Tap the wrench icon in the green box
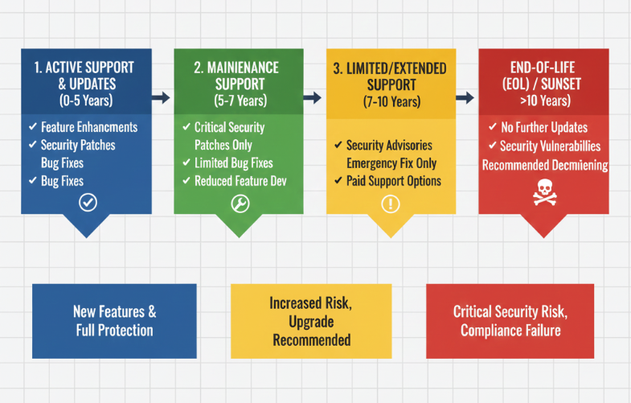click(240, 203)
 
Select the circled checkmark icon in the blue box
click(87, 202)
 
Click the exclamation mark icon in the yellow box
click(391, 204)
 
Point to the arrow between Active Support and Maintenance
click(162, 97)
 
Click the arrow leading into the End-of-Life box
click(465, 97)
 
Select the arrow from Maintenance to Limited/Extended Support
click(313, 97)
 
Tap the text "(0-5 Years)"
click(87, 101)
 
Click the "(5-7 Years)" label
click(239, 101)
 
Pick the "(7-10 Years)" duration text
click(391, 102)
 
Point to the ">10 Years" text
click(545, 101)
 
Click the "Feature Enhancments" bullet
click(88, 127)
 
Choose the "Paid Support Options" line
click(393, 180)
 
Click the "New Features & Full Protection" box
click(114, 320)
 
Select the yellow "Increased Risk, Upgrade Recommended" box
click(311, 321)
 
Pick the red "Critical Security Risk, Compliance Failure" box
click(510, 321)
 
